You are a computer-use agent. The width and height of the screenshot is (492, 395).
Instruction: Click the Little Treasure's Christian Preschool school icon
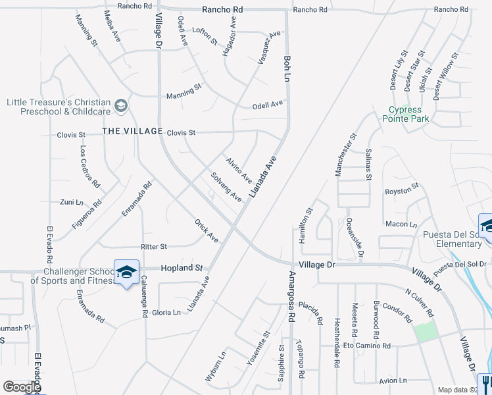(x=121, y=105)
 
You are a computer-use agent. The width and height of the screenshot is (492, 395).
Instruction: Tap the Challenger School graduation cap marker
(x=127, y=271)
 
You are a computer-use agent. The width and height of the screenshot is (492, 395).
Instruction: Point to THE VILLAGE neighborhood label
(x=132, y=132)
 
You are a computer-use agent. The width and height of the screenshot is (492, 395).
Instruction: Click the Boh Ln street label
(x=287, y=68)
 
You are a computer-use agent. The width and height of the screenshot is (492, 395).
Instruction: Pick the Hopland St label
(x=182, y=269)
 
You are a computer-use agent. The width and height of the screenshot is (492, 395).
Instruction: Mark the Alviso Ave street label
(x=239, y=169)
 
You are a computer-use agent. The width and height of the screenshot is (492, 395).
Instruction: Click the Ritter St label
(x=154, y=247)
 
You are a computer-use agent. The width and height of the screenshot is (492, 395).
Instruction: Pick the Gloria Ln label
(x=167, y=313)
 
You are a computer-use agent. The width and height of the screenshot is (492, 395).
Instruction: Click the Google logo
(x=22, y=387)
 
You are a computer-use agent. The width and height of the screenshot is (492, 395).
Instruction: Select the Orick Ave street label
(x=207, y=230)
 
